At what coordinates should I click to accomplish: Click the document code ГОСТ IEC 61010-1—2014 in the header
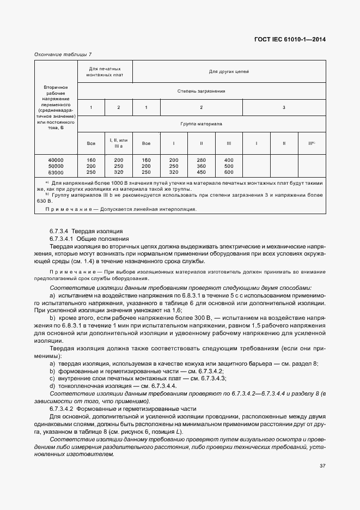pyautogui.click(x=294, y=40)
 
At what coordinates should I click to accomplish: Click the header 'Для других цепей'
pyautogui.click(x=229, y=72)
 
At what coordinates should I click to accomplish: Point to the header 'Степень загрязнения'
pyautogui.click(x=202, y=91)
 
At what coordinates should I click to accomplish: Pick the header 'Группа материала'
pyautogui.click(x=202, y=124)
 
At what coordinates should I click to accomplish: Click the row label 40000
pyautogui.click(x=56, y=160)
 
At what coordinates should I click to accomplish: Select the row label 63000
pyautogui.click(x=56, y=172)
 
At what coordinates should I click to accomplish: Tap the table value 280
pyautogui.click(x=201, y=160)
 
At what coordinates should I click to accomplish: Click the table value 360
pyautogui.click(x=201, y=166)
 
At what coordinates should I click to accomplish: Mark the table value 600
pyautogui.click(x=229, y=172)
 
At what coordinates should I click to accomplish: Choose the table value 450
pyautogui.click(x=201, y=172)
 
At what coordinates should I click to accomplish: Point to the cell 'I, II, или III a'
pyautogui.click(x=119, y=143)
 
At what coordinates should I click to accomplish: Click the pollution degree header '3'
pyautogui.click(x=284, y=107)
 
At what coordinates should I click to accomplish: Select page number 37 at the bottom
pyautogui.click(x=322, y=465)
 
